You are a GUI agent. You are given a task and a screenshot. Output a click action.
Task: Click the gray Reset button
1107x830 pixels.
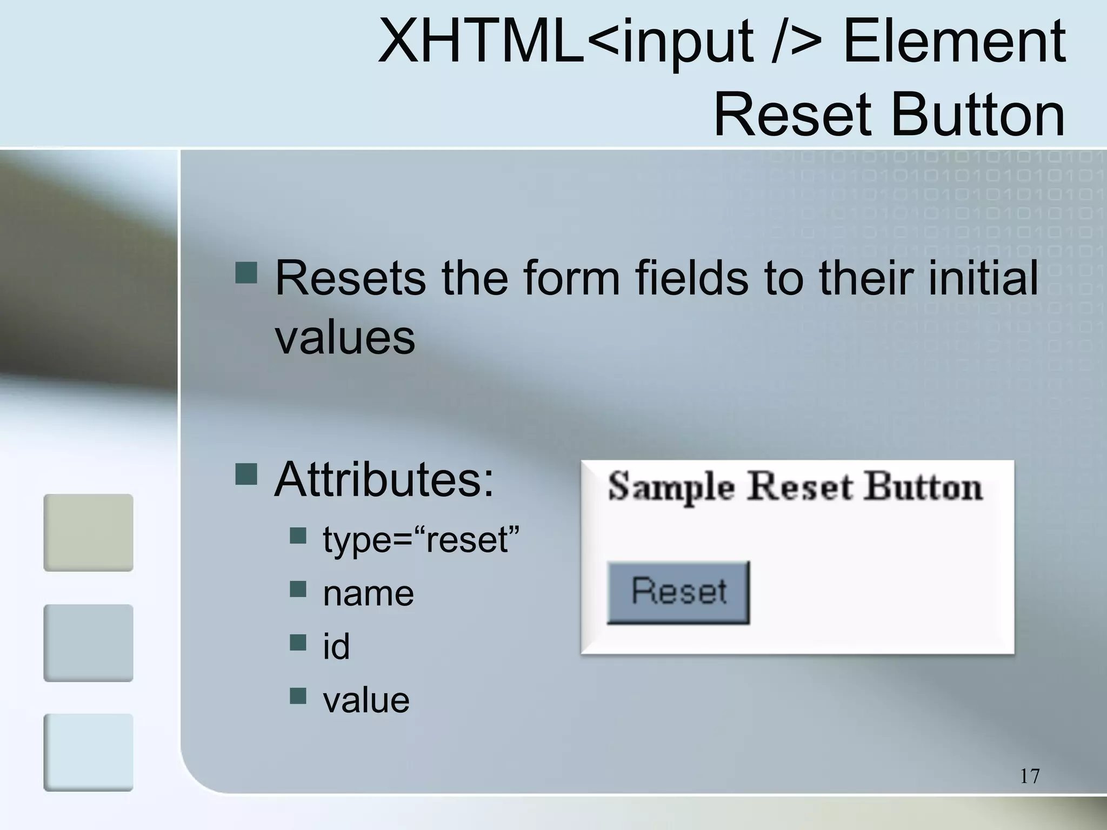pyautogui.click(x=678, y=592)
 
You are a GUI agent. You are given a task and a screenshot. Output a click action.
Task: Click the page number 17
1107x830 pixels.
pyautogui.click(x=1030, y=776)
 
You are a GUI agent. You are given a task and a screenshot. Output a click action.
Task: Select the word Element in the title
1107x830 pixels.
pyautogui.click(x=954, y=41)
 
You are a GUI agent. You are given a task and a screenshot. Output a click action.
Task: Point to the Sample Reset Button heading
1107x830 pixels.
pyautogui.click(x=795, y=487)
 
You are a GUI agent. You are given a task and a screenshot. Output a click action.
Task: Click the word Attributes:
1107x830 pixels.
pyautogui.click(x=384, y=480)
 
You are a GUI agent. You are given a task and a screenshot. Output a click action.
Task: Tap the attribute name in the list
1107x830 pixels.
pyautogui.click(x=368, y=593)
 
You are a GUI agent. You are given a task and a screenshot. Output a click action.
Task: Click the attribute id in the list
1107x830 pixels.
pyautogui.click(x=336, y=646)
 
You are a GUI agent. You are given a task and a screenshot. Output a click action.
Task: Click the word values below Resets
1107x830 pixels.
pyautogui.click(x=345, y=338)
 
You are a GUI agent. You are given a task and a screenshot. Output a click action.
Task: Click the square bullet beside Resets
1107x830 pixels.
pyautogui.click(x=246, y=273)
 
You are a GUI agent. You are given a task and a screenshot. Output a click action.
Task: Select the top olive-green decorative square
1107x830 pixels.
pyautogui.click(x=88, y=532)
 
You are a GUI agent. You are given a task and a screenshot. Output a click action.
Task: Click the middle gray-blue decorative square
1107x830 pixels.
pyautogui.click(x=88, y=642)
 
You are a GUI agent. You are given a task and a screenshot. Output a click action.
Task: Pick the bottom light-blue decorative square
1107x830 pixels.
pyautogui.click(x=88, y=752)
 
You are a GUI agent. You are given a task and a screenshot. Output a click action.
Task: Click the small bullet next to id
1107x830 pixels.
pyautogui.click(x=298, y=642)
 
